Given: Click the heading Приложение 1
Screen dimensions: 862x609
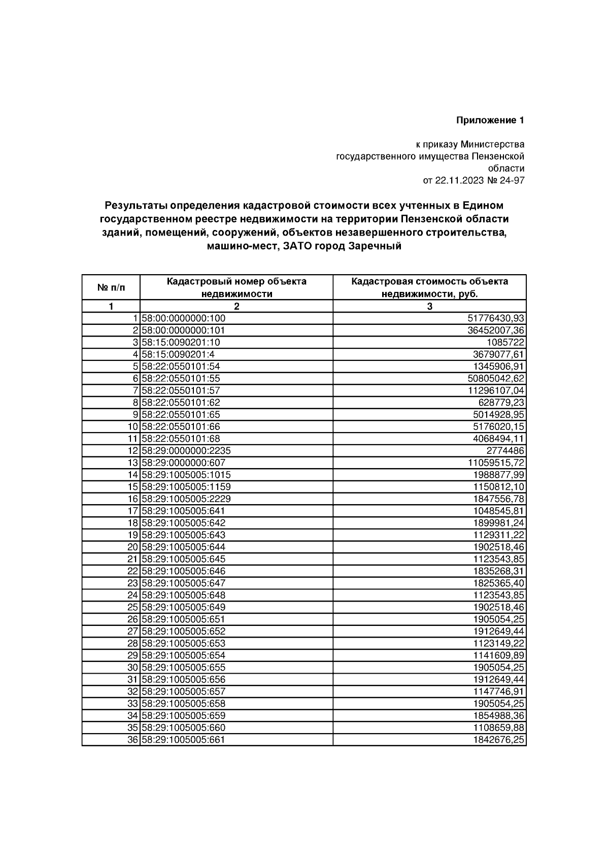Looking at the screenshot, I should (x=490, y=120).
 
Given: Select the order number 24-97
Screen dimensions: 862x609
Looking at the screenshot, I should (x=512, y=180).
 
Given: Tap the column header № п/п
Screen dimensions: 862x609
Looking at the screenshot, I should (x=111, y=288).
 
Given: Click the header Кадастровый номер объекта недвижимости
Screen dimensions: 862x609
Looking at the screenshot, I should (x=236, y=287).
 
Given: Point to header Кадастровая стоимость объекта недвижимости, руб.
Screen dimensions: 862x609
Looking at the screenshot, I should (x=429, y=287).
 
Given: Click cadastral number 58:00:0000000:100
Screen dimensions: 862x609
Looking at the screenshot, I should (x=184, y=318).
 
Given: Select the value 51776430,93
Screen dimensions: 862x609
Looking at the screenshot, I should (x=496, y=318).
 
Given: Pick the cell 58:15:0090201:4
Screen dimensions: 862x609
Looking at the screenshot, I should (x=181, y=354).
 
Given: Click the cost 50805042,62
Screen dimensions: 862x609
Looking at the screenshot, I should (x=496, y=378).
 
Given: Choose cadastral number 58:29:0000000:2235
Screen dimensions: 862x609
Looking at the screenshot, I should (x=186, y=450).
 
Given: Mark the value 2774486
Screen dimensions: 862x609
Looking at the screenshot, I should (x=505, y=450).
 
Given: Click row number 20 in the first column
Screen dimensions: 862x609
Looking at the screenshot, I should (x=133, y=547).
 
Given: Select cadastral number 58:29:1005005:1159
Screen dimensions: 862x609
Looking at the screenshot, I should (x=186, y=486).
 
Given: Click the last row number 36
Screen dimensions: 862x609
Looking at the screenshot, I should (x=133, y=739).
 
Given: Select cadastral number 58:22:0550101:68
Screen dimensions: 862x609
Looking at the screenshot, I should (x=181, y=439).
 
